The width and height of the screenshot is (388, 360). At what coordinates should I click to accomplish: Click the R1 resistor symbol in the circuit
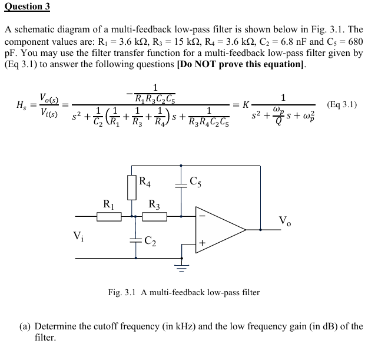point(109,217)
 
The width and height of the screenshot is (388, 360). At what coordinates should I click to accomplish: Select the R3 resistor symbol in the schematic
point(155,217)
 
